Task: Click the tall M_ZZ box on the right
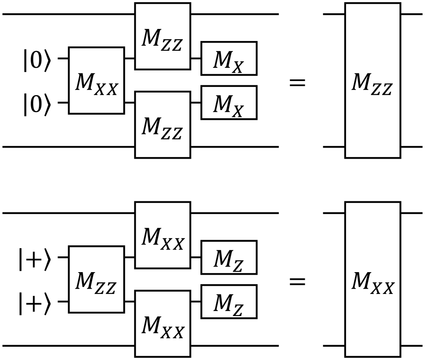click(x=373, y=80)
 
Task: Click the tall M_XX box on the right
click(x=373, y=279)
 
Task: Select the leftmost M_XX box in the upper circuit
click(x=96, y=80)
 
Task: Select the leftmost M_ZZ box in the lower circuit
click(x=96, y=279)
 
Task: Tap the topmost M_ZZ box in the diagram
click(x=162, y=36)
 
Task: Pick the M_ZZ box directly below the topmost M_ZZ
click(x=162, y=125)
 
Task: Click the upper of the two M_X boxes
click(x=229, y=58)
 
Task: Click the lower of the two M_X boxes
click(x=229, y=102)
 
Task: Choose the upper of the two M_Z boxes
click(x=229, y=257)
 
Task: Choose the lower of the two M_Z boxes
click(x=229, y=302)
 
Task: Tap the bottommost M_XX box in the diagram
click(x=162, y=323)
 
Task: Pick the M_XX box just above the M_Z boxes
click(x=162, y=235)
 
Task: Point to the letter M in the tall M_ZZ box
click(x=361, y=82)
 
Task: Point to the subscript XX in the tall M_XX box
click(x=383, y=289)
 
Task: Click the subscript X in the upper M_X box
click(x=238, y=67)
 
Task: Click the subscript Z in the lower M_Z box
click(x=238, y=311)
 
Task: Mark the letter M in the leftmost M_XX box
click(x=84, y=82)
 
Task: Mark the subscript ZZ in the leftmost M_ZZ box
click(x=105, y=289)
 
